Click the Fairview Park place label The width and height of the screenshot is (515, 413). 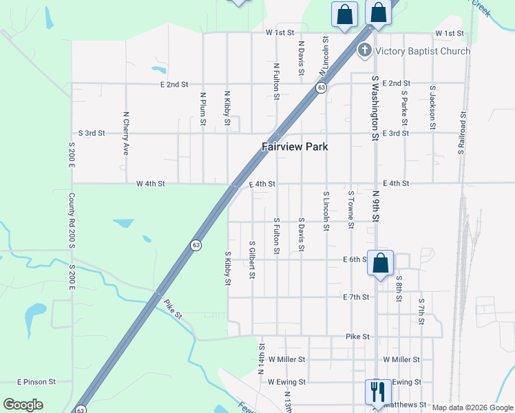coord(295,147)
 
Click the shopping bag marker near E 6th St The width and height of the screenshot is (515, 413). coord(380,263)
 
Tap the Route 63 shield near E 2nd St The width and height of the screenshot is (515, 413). coord(322,88)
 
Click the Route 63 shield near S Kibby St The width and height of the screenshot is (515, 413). coord(196,245)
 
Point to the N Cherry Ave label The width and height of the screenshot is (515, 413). coord(126,133)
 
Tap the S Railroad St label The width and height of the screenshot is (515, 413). coord(463,133)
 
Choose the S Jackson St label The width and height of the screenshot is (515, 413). coord(432,107)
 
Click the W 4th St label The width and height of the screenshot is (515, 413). coord(151,184)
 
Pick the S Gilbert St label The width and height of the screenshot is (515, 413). coord(253,260)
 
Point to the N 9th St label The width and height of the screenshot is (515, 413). coord(376,206)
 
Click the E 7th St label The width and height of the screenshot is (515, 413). coord(357,297)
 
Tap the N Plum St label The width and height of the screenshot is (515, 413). coord(202,109)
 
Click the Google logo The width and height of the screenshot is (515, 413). coord(23,405)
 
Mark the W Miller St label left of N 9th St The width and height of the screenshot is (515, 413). coord(286,359)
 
